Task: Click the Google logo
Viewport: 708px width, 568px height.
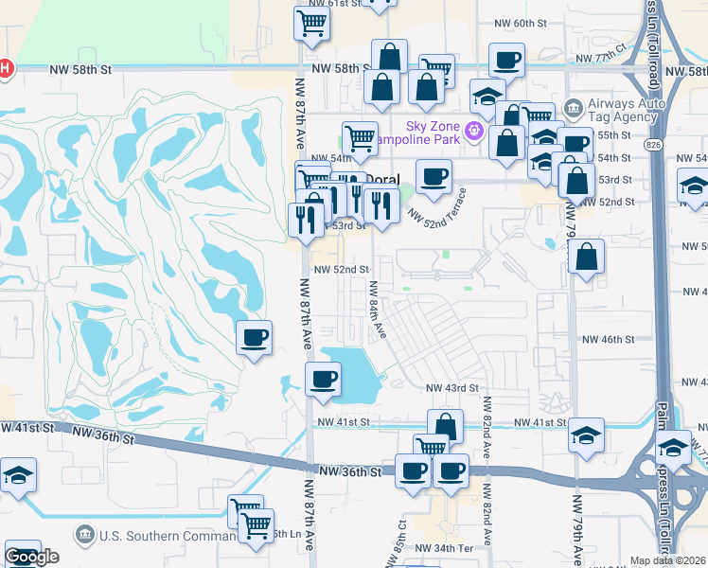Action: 31,557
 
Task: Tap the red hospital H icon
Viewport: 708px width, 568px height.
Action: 5,68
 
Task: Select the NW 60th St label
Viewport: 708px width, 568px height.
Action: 522,23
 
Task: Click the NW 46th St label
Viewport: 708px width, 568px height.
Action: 607,339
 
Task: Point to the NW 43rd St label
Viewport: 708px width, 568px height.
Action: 451,388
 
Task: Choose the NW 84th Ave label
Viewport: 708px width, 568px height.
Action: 378,311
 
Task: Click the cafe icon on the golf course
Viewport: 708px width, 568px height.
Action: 254,337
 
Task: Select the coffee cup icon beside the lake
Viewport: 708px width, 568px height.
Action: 322,379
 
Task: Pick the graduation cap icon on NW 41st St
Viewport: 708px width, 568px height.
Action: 587,435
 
